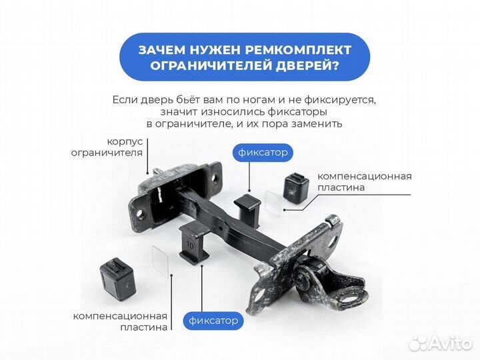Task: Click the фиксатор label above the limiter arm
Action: [x=263, y=153]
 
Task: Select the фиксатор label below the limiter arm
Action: [x=213, y=321]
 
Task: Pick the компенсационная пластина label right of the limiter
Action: [x=364, y=181]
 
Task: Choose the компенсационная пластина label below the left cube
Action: [x=120, y=321]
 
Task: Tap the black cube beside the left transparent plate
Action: [x=119, y=273]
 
